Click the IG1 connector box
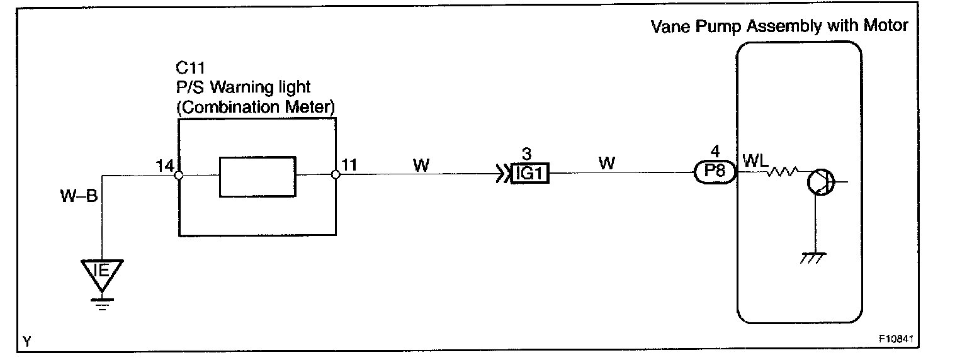pyautogui.click(x=530, y=174)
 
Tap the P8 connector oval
pyautogui.click(x=715, y=172)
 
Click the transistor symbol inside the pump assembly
pyautogui.click(x=820, y=183)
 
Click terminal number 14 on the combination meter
pyautogui.click(x=165, y=166)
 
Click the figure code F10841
pyautogui.click(x=895, y=339)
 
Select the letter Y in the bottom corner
pyautogui.click(x=26, y=342)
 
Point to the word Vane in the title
pyautogui.click(x=669, y=26)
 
